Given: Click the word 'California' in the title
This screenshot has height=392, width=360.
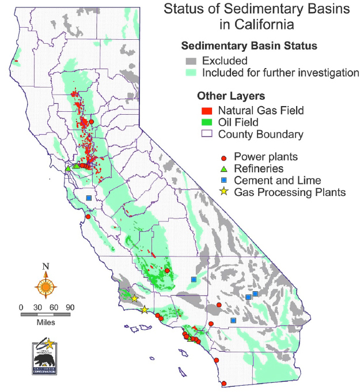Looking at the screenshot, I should coord(256,25).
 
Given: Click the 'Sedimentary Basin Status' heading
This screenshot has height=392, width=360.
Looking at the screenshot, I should coord(249,46).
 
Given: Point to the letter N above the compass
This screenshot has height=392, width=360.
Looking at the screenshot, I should coord(46,267).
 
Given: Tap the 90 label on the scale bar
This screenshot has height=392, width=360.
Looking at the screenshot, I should coord(70,307).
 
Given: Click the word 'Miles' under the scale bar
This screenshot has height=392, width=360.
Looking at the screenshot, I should coord(46,323).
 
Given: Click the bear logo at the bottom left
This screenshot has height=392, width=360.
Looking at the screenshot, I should coord(45,358).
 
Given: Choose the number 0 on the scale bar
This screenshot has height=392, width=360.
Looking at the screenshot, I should coord(21,307).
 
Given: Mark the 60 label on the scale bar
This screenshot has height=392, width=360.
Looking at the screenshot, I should coord(54,307).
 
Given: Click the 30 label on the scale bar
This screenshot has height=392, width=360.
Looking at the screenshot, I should coord(37,307).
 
